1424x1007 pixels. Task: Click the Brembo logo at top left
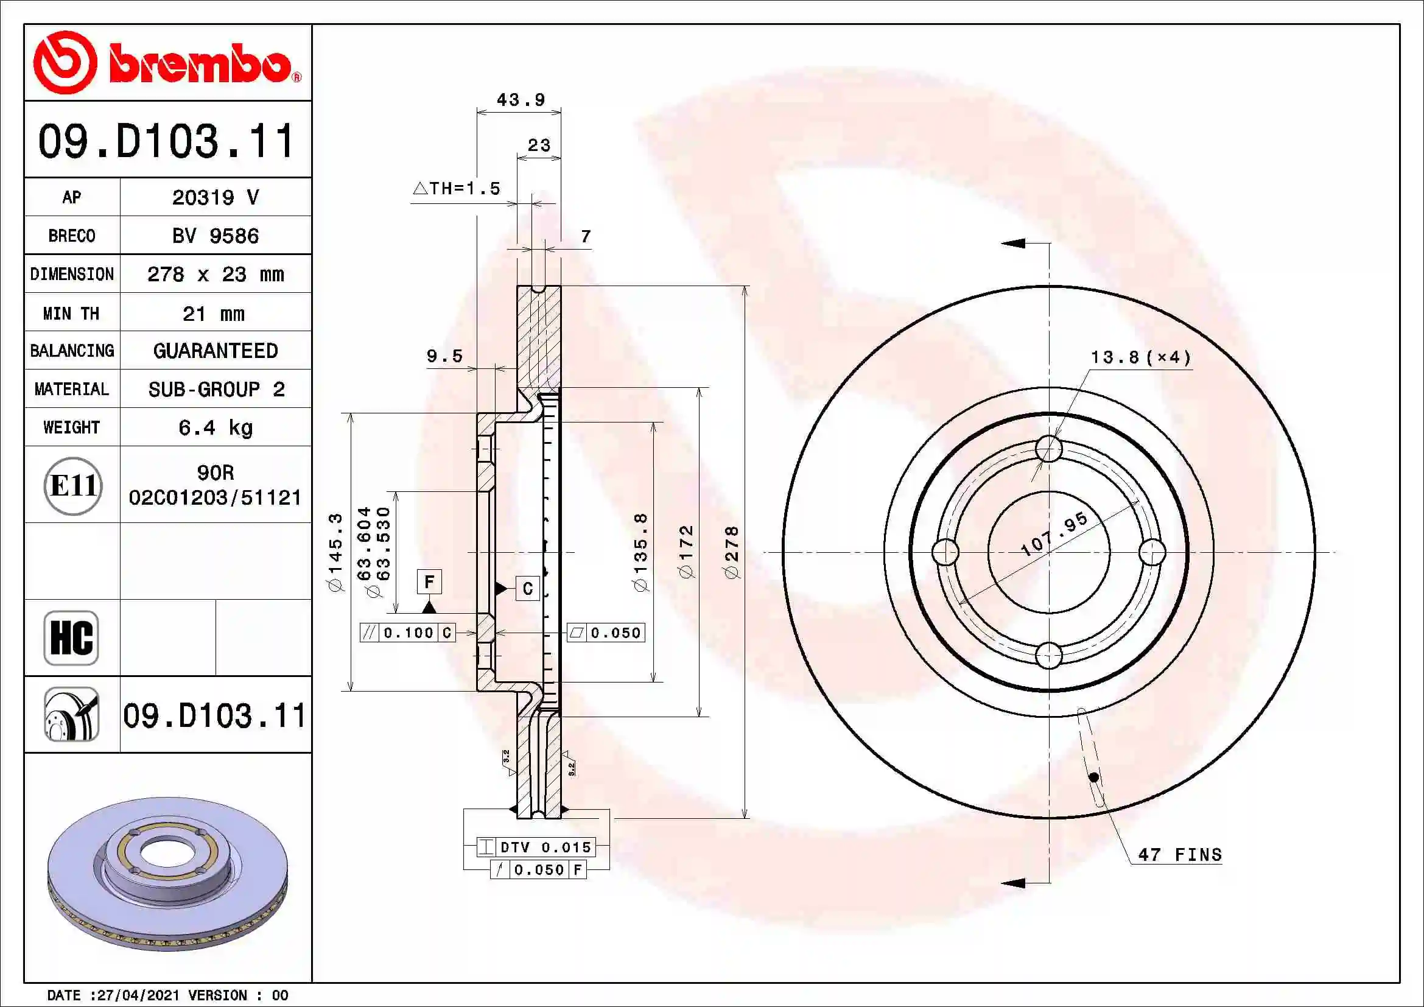point(166,63)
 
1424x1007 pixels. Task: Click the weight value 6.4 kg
point(215,427)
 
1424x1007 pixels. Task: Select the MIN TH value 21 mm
point(213,314)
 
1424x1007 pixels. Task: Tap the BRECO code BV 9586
point(215,236)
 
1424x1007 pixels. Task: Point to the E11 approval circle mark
point(73,485)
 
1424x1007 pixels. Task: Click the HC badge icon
point(71,637)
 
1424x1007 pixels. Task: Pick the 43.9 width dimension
point(521,100)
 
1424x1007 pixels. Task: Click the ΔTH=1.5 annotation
point(457,189)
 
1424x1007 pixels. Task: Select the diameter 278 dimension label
point(732,552)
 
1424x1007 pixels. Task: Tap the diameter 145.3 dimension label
point(335,552)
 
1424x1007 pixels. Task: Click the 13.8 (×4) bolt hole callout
point(1140,358)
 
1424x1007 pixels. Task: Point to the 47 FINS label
point(1180,855)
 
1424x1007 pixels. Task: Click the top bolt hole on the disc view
point(1049,448)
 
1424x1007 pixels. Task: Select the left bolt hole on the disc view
point(945,552)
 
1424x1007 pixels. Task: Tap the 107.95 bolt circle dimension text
point(1054,534)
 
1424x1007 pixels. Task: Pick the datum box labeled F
point(429,581)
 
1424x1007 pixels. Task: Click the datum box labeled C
point(527,588)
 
